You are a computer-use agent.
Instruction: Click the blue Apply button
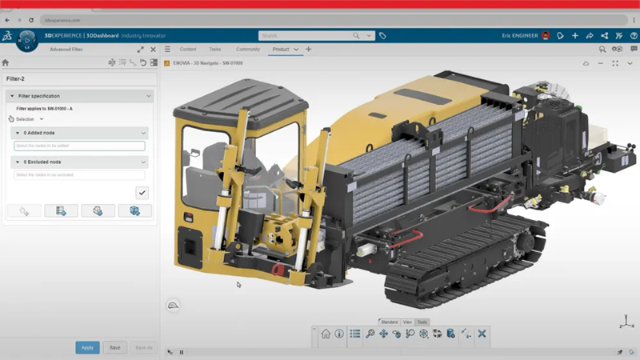tap(87, 347)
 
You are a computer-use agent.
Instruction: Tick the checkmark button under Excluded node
tap(142, 192)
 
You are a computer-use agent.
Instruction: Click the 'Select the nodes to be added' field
tap(79, 146)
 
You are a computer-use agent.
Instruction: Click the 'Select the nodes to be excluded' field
tap(79, 175)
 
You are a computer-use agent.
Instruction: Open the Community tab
tap(247, 50)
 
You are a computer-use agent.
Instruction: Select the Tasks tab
tap(214, 50)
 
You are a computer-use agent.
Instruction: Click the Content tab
tap(188, 50)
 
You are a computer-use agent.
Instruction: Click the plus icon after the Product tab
tap(309, 50)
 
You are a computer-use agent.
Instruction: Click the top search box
tap(308, 35)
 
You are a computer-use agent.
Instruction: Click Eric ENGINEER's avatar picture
tap(546, 35)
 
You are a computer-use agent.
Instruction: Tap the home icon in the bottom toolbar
tap(326, 334)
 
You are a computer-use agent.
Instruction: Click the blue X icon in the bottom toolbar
tap(482, 334)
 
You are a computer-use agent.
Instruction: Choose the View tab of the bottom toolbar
tap(407, 322)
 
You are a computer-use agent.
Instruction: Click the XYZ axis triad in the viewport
tap(626, 322)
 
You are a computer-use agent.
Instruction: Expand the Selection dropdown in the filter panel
tap(30, 118)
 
